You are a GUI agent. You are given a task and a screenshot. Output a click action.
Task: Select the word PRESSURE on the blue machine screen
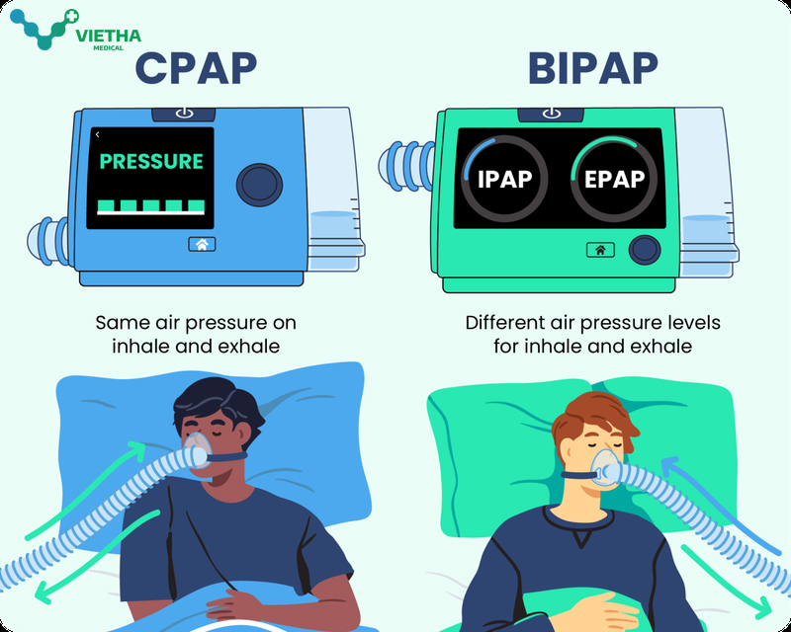click(x=151, y=161)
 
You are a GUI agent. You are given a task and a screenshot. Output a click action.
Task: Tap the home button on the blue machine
click(x=202, y=244)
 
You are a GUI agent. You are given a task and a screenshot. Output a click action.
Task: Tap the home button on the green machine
click(x=600, y=250)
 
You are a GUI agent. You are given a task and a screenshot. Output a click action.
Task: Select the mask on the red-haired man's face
click(x=606, y=470)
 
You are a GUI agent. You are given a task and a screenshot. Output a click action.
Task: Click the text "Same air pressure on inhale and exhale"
click(x=196, y=335)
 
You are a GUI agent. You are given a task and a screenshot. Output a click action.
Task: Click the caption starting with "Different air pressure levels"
click(x=593, y=335)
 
